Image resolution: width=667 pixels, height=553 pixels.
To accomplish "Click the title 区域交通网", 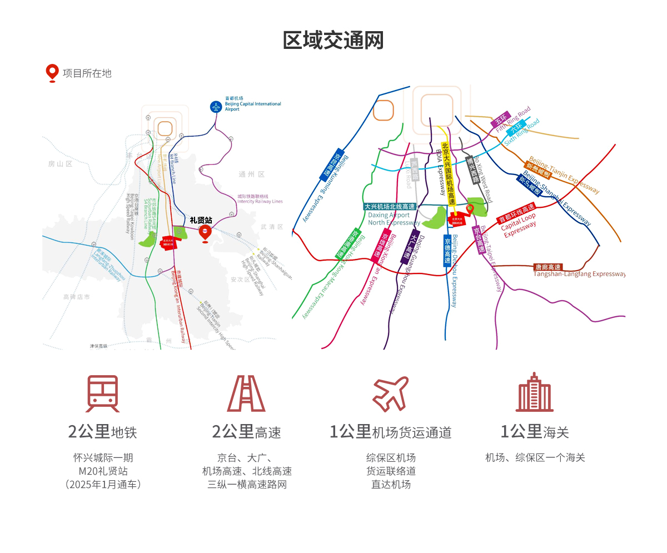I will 333,41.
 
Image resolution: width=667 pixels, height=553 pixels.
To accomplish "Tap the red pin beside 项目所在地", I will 52,73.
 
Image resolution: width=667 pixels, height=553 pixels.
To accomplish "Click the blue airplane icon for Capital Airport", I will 216,106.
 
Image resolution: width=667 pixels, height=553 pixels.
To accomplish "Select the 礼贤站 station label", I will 201,221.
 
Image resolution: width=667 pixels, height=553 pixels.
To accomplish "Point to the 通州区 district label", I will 250,174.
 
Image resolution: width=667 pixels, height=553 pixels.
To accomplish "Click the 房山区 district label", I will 61,163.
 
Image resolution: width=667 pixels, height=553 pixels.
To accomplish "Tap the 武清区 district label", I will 272,227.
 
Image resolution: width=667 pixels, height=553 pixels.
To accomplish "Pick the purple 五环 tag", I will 501,119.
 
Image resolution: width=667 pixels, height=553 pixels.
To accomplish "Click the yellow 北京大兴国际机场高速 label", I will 452,172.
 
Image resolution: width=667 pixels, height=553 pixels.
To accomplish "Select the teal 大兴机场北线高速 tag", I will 390,206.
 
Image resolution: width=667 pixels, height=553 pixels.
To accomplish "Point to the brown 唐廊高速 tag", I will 547,267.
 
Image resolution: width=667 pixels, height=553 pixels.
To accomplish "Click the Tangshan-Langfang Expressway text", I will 579,274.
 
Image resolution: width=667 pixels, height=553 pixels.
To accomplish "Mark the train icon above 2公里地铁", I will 102,393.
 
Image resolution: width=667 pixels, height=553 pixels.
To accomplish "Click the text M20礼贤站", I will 103,471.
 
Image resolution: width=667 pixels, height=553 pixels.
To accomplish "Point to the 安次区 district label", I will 240,279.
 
